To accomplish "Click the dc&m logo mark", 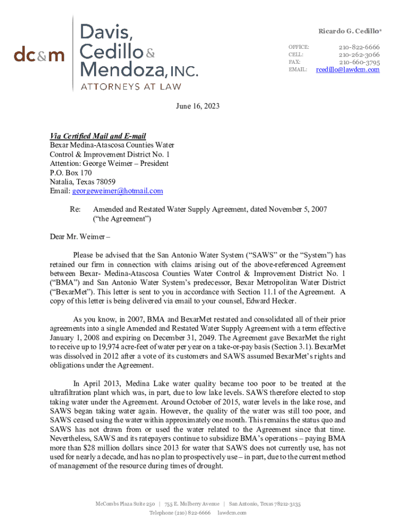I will [39, 54].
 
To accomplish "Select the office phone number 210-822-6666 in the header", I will [359, 47].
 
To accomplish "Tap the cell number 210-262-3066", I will [359, 54].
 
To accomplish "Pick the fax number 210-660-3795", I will [359, 62].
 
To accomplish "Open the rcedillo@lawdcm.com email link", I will [348, 69].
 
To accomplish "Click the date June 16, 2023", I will [197, 106].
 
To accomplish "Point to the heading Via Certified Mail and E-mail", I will [98, 136].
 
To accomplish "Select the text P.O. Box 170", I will [71, 173].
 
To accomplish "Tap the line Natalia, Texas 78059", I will [82, 182].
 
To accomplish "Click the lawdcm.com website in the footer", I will [232, 513].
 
